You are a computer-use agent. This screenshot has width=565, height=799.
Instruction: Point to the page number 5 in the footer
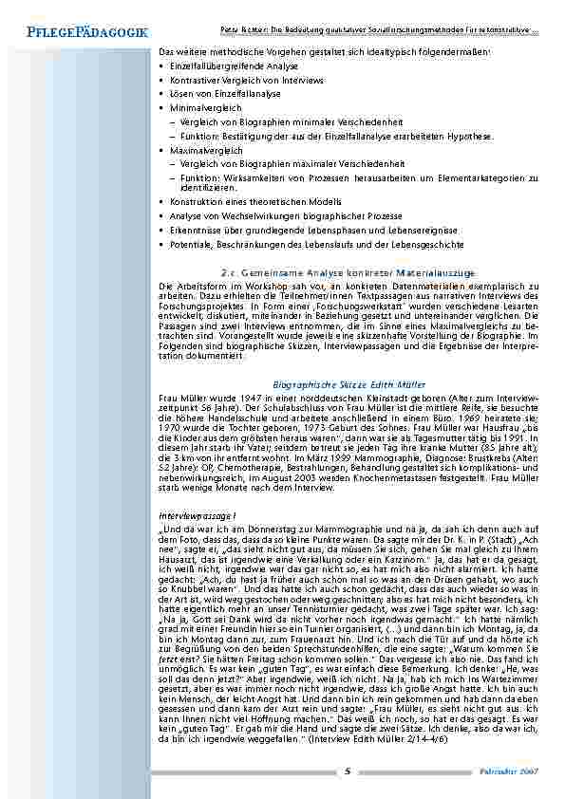pyautogui.click(x=348, y=771)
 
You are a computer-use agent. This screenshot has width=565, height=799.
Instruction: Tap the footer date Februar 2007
pyautogui.click(x=517, y=771)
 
